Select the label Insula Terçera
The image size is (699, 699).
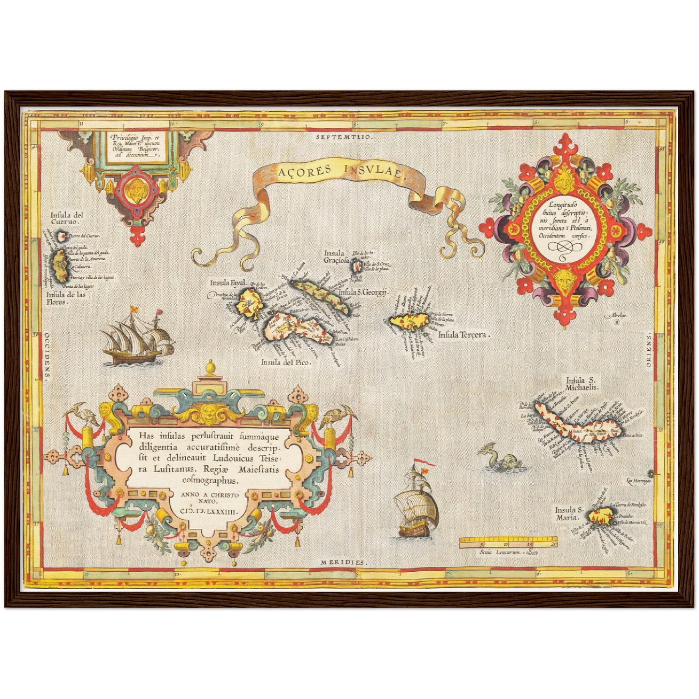click(464, 334)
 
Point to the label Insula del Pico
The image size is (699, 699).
click(286, 362)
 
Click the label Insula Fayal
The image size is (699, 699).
click(228, 283)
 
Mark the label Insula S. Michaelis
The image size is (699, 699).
click(582, 384)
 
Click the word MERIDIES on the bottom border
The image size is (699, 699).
click(343, 563)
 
